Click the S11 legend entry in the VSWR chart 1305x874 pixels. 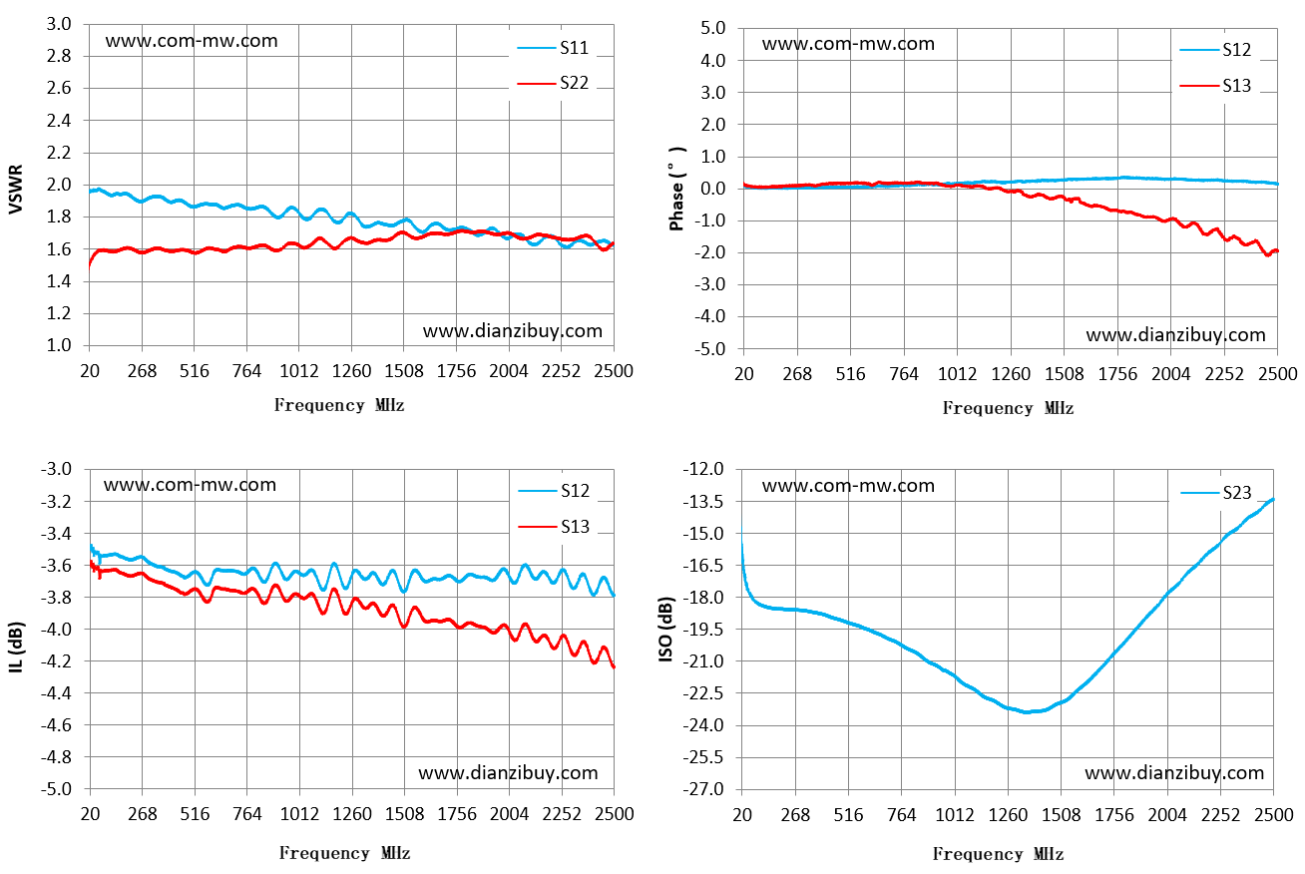click(x=554, y=48)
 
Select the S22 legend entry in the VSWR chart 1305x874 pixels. click(x=554, y=84)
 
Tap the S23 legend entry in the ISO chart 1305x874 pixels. click(x=1216, y=493)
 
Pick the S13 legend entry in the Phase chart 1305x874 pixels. click(x=1216, y=86)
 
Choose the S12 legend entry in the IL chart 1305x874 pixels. click(x=554, y=491)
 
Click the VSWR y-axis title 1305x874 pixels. click(x=16, y=189)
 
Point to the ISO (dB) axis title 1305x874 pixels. click(x=665, y=630)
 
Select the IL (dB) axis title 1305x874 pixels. click(x=16, y=648)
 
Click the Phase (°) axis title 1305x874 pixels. click(x=677, y=189)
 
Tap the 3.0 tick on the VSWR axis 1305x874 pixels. click(x=58, y=25)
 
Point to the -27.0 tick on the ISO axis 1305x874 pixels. click(x=703, y=789)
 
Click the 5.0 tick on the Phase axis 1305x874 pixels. click(x=712, y=28)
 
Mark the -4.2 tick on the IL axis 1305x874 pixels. click(x=56, y=661)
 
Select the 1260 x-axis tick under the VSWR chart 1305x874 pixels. click(x=351, y=371)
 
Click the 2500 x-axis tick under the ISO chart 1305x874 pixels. click(x=1273, y=814)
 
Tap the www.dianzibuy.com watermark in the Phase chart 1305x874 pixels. click(x=1175, y=335)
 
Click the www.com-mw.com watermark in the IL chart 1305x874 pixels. click(x=190, y=485)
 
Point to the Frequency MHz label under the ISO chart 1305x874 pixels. click(x=998, y=854)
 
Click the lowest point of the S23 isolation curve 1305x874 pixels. click(x=1028, y=712)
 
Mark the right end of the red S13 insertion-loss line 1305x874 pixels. click(x=614, y=667)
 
